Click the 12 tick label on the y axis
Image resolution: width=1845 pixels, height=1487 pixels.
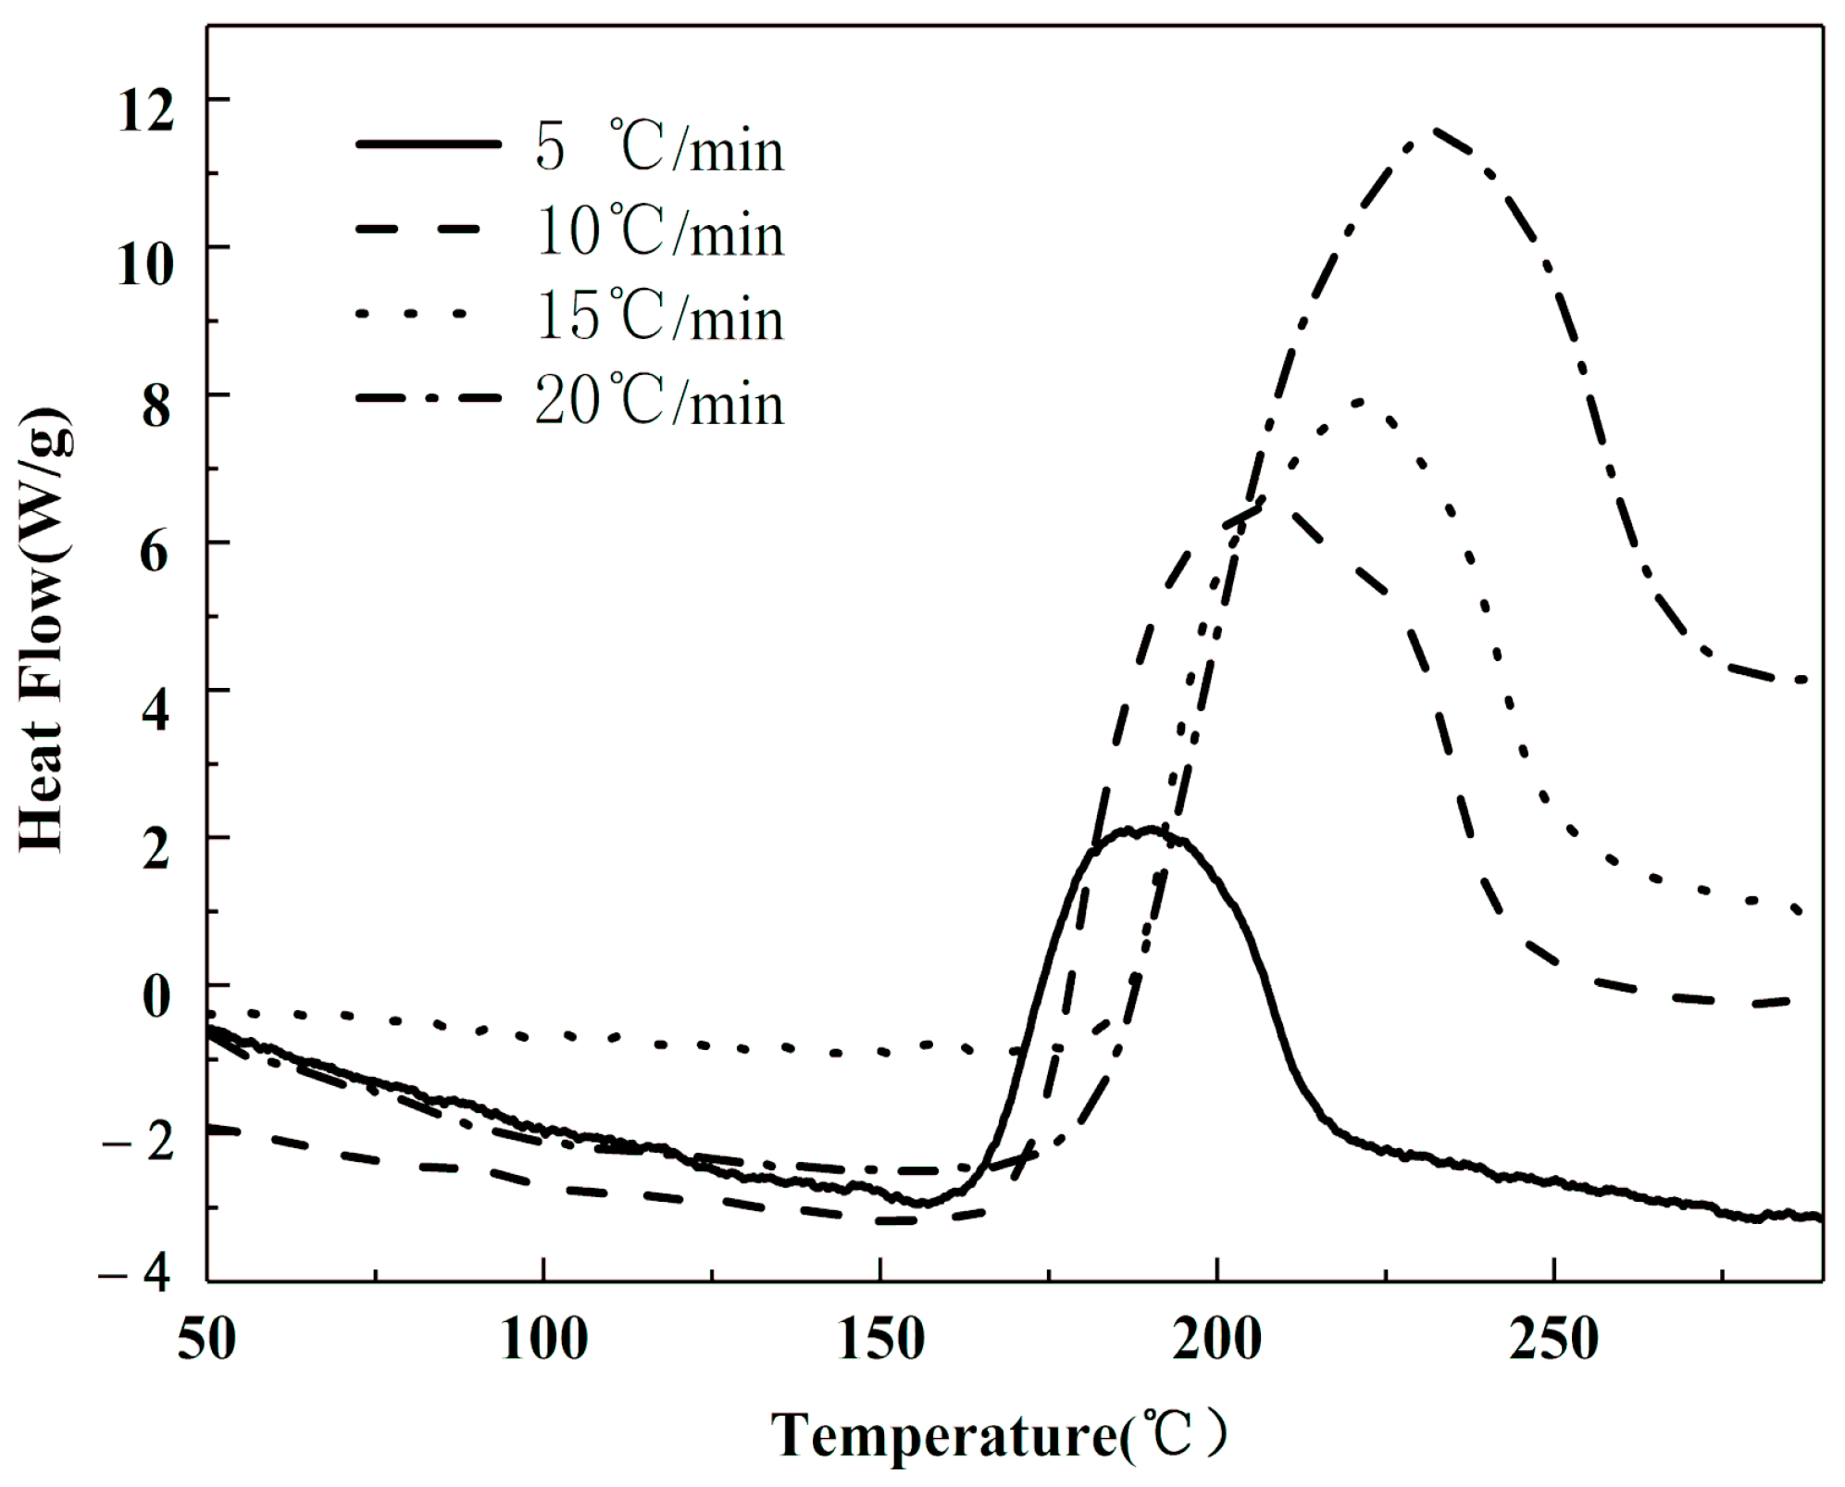click(x=146, y=112)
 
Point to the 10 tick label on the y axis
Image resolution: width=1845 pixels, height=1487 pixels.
click(x=146, y=264)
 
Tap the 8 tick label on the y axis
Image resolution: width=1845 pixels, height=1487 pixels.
click(x=156, y=406)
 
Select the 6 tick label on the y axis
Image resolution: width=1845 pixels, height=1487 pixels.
click(x=156, y=553)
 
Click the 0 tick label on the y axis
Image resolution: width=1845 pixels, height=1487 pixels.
click(x=156, y=996)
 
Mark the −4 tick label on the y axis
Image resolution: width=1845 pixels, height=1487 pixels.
click(x=136, y=1275)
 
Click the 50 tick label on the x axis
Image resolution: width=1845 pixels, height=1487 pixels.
click(x=206, y=1340)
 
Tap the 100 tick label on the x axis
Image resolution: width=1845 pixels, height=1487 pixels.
click(x=543, y=1340)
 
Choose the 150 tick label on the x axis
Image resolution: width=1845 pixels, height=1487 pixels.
click(x=880, y=1340)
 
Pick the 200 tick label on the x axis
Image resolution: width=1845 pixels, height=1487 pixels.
click(x=1216, y=1340)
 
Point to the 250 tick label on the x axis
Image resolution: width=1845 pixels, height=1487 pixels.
click(x=1553, y=1340)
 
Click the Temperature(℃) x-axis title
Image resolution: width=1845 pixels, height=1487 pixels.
click(x=1000, y=1436)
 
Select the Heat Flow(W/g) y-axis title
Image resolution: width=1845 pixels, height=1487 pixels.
click(x=44, y=630)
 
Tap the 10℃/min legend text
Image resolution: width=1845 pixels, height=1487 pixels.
click(x=659, y=232)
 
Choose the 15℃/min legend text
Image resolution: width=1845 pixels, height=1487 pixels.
click(x=659, y=317)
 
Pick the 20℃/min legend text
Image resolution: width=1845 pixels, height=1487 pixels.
click(x=659, y=402)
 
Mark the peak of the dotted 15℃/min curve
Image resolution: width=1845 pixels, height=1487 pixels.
click(x=1358, y=402)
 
